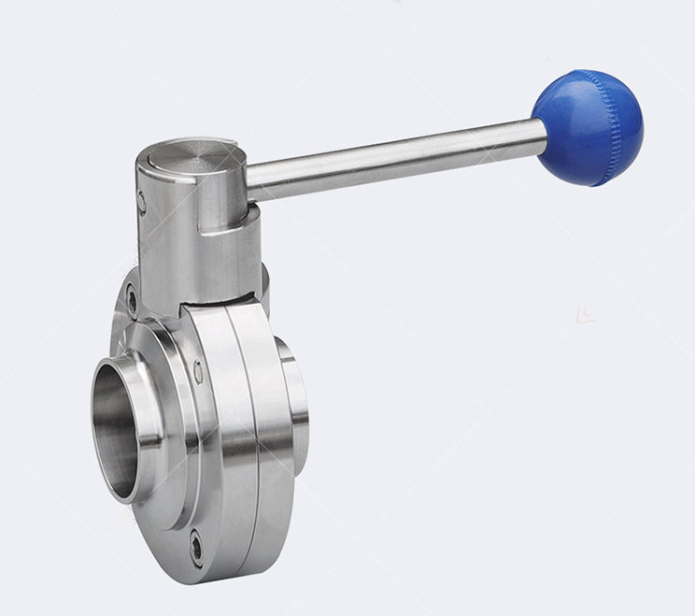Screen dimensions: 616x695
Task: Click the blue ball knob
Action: pyautogui.click(x=588, y=126)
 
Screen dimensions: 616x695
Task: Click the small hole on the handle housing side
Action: pyautogui.click(x=141, y=200)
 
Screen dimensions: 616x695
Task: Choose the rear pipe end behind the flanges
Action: pyautogui.click(x=297, y=393)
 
